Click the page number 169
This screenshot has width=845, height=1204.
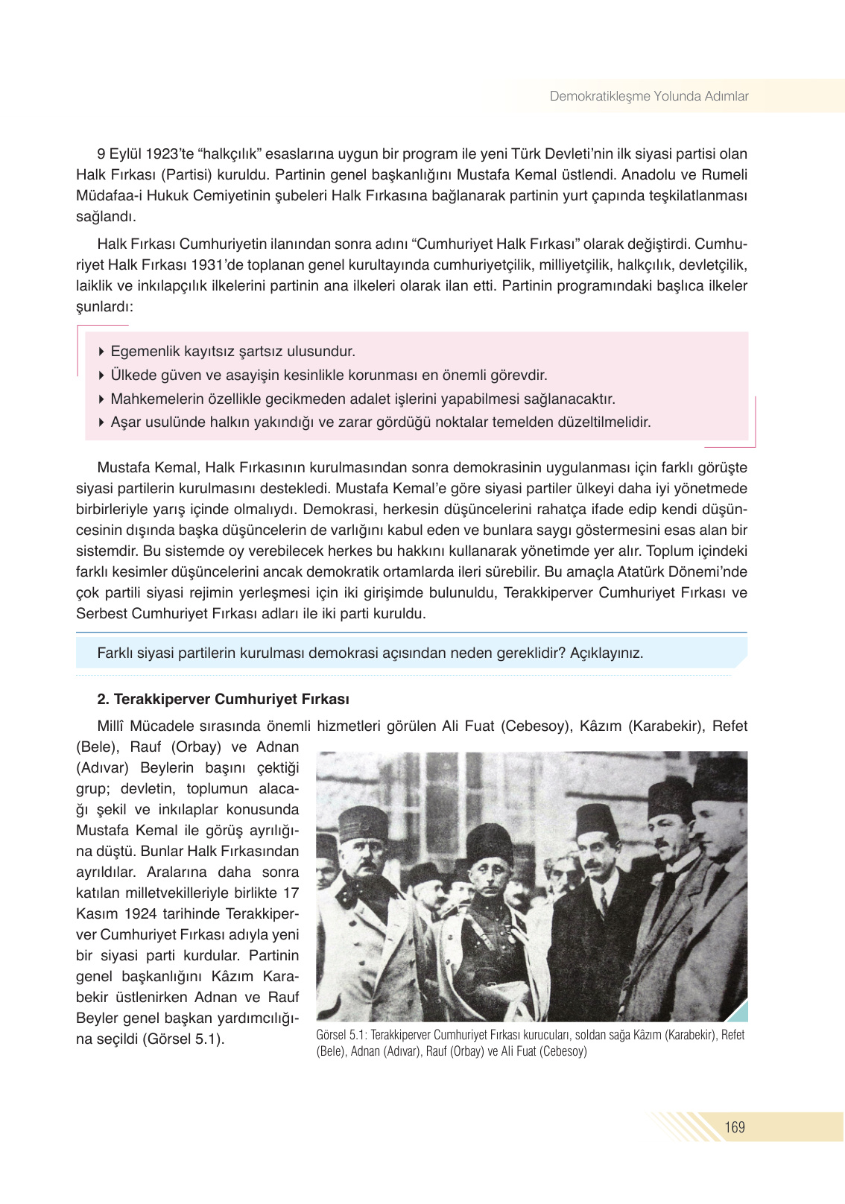tap(734, 1127)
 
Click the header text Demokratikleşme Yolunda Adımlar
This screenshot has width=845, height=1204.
tap(648, 96)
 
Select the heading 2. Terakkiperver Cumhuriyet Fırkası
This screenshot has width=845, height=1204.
tap(223, 699)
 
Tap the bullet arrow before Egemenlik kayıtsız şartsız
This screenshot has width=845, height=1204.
tap(101, 351)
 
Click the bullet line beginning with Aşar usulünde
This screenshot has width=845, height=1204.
tap(380, 422)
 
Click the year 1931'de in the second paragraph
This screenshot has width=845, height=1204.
tap(215, 265)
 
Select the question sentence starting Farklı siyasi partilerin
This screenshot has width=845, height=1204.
tap(370, 653)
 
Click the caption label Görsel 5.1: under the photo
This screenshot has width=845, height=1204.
tap(341, 1035)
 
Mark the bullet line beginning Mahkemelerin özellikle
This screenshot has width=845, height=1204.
tap(362, 399)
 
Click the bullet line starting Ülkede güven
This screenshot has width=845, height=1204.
tap(328, 375)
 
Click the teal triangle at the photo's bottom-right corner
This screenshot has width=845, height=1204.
tap(738, 1013)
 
